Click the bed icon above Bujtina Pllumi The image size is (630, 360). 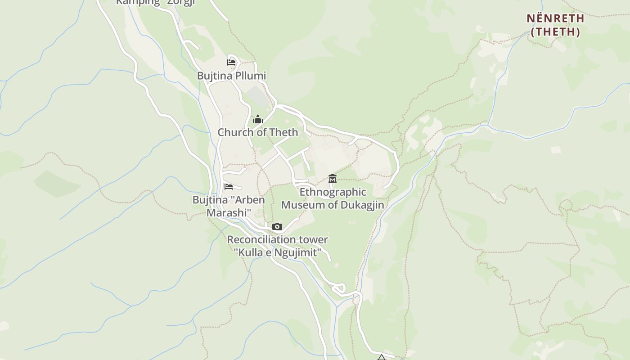click(x=231, y=63)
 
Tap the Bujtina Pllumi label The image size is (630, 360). click(x=231, y=76)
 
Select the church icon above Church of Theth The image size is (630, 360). click(x=258, y=119)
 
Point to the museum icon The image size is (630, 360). click(x=333, y=179)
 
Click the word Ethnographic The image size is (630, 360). click(x=333, y=192)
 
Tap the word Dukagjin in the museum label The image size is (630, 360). click(x=362, y=205)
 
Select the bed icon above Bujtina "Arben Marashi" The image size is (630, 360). click(x=229, y=187)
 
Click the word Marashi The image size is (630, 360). click(x=229, y=212)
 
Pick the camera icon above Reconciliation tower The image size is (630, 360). click(x=277, y=226)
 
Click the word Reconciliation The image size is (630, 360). click(x=262, y=240)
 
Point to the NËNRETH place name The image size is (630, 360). click(x=555, y=18)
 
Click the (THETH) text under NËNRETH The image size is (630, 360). click(x=555, y=32)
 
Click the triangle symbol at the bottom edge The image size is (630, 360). click(x=381, y=358)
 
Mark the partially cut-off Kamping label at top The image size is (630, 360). click(x=138, y=2)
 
